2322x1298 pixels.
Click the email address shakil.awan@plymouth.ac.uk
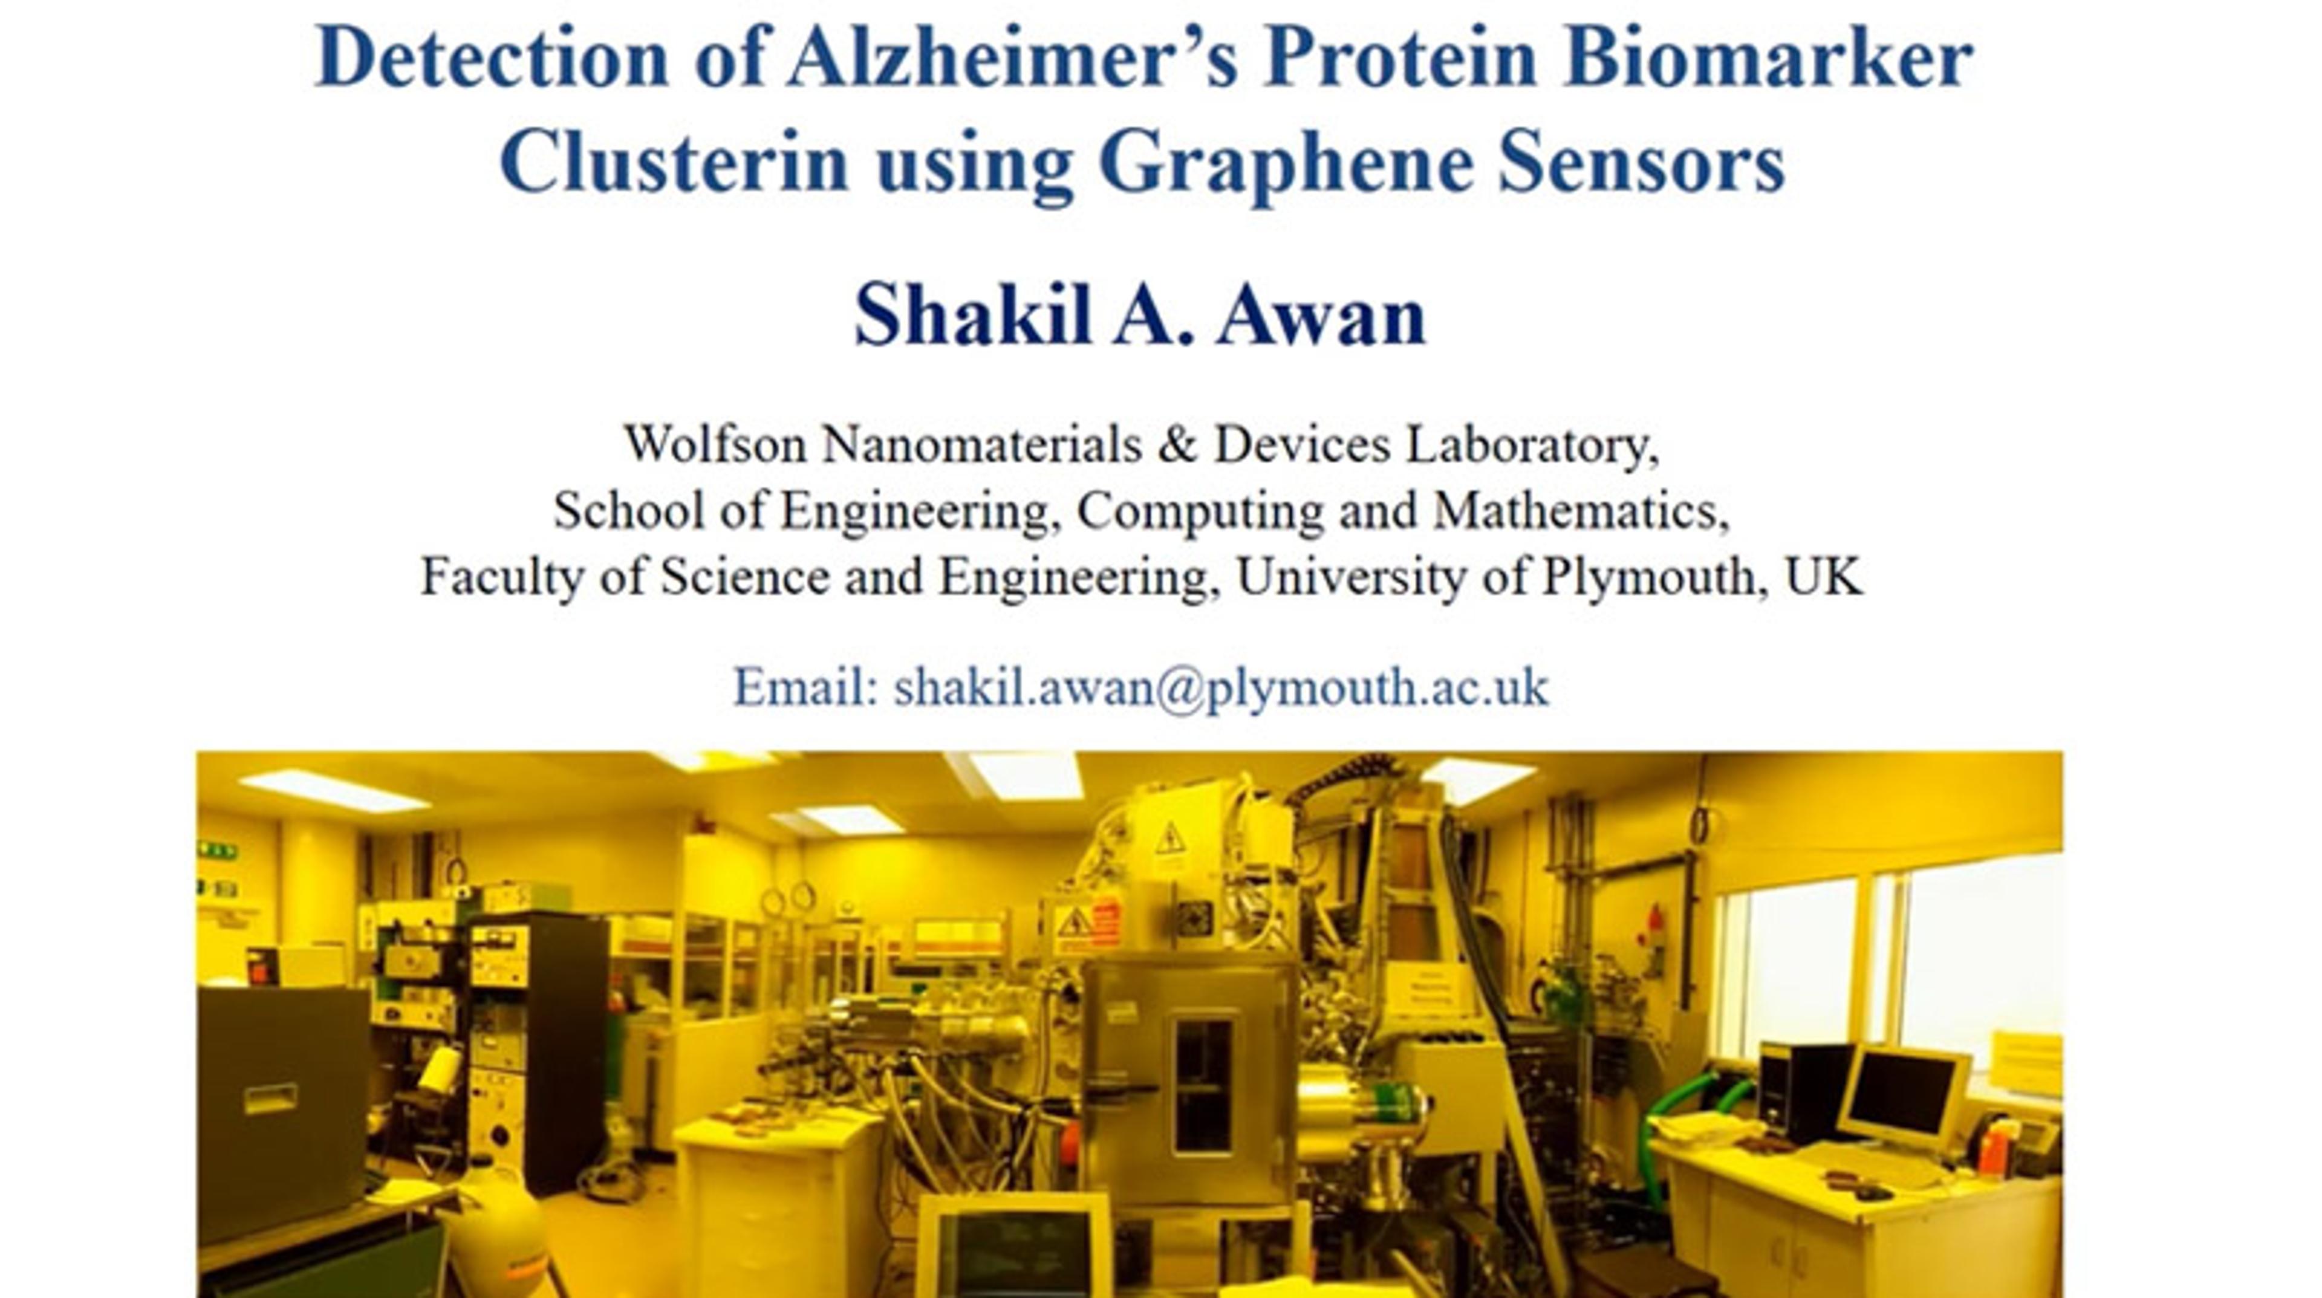1220,689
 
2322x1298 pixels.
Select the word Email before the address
806,688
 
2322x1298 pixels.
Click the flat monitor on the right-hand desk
1902,1095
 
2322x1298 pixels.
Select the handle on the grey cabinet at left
270,1097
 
